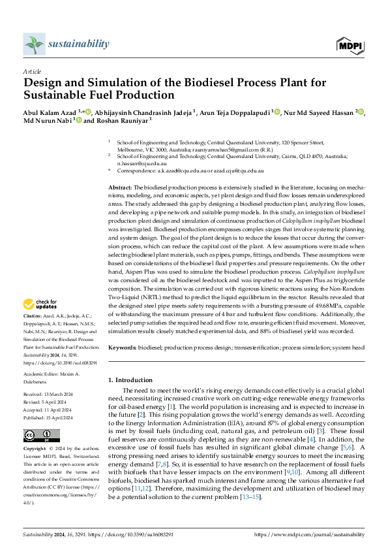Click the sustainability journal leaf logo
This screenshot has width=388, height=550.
(x=33, y=44)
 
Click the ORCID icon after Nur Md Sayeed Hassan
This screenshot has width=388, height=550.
(x=361, y=112)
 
